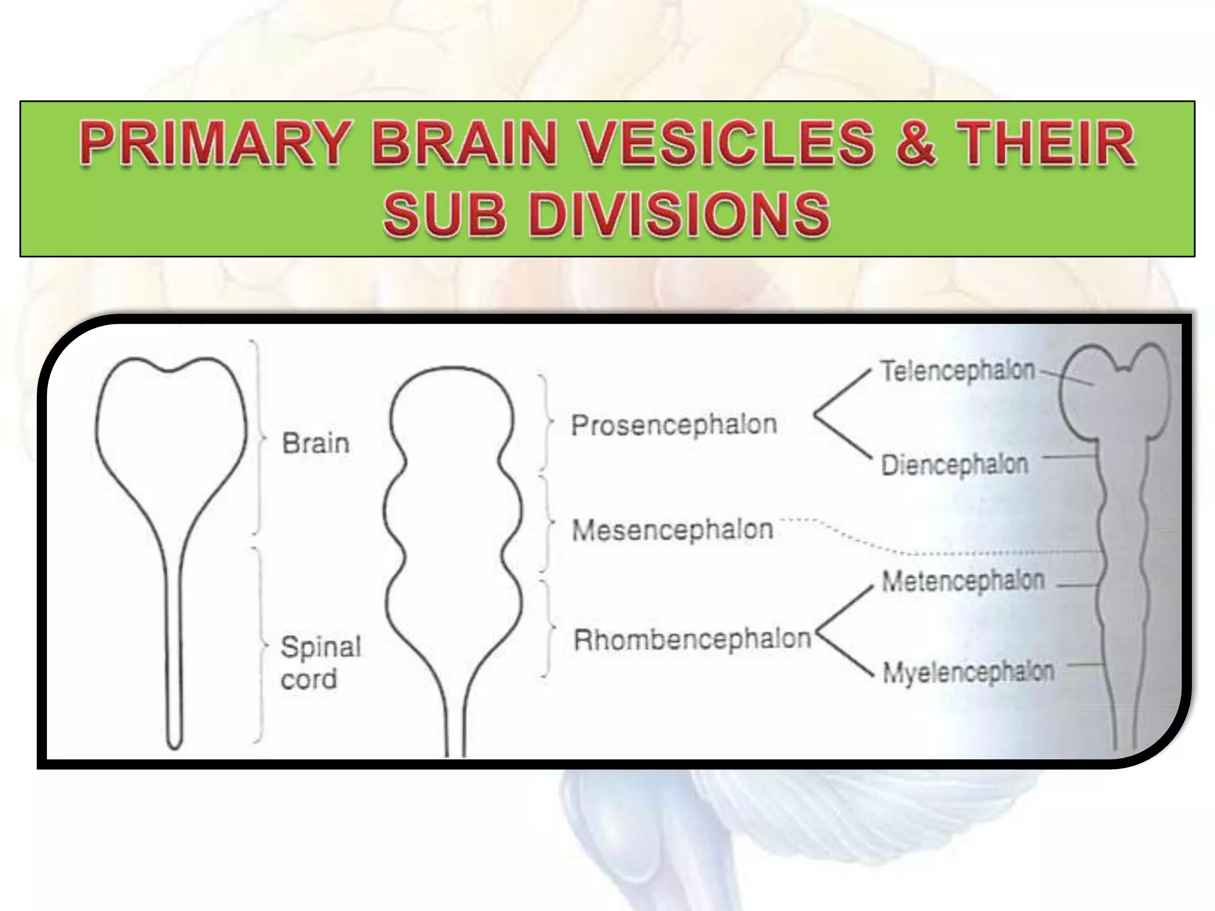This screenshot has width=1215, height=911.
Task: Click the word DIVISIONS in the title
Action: coord(679,214)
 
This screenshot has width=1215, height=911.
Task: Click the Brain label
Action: coord(316,444)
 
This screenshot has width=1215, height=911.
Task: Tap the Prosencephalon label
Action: coord(673,425)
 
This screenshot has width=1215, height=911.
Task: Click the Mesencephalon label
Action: coord(672,530)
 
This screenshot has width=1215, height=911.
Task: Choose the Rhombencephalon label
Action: coord(692,639)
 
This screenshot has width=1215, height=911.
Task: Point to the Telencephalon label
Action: coord(958,371)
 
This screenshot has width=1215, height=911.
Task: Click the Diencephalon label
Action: coord(954,464)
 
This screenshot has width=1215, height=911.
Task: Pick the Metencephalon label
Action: coord(963,581)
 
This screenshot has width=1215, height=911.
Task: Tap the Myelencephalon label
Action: coord(968,673)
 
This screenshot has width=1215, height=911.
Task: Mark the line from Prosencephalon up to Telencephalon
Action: coord(842,391)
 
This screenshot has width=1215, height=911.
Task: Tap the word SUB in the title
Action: coord(445,214)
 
